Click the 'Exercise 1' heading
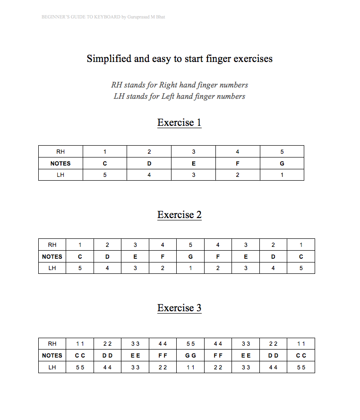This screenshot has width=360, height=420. (180, 122)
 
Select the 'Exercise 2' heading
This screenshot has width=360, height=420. (180, 215)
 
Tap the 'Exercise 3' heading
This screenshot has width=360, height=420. (180, 308)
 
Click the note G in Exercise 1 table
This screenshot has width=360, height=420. (282, 163)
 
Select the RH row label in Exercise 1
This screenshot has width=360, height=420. (60, 152)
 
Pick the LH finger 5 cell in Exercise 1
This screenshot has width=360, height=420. (105, 175)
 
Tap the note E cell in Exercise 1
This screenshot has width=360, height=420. (193, 163)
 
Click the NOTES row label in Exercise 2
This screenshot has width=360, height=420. (52, 257)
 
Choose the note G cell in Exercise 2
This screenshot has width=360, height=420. (191, 257)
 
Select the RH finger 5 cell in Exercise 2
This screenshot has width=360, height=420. (191, 245)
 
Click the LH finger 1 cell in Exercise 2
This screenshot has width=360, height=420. (191, 268)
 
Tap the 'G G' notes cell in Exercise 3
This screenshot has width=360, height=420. (191, 356)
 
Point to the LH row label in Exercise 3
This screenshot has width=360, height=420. (52, 367)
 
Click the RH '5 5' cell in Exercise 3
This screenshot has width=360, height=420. (191, 344)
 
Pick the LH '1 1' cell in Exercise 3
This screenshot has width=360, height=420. (191, 367)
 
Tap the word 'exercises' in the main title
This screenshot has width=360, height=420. (253, 59)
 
